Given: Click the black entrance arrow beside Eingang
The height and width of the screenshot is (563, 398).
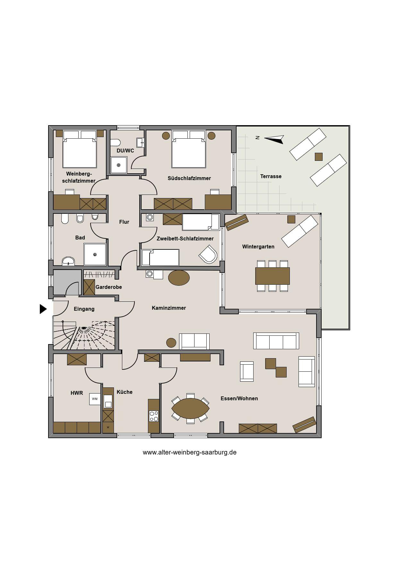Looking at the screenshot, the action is tap(43, 309).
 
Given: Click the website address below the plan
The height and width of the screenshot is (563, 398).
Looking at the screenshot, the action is tap(189, 452).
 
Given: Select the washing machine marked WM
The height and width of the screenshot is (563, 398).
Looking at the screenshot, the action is tap(95, 399).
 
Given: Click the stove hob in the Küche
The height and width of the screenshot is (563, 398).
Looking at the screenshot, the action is tap(154, 416).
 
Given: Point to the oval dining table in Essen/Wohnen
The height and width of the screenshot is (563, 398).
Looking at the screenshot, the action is tap(190, 408).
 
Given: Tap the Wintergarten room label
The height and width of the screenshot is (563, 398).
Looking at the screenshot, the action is tap(258, 247).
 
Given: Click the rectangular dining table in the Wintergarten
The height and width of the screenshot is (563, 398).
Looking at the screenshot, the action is tap(273, 276).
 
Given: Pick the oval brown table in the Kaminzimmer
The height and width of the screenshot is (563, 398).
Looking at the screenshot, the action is tap(179, 278).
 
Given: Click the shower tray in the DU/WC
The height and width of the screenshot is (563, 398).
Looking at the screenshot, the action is tap(119, 165).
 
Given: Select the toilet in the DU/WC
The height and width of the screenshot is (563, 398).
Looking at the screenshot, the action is tap(115, 143).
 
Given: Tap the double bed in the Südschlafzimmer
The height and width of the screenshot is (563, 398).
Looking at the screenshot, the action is tap(189, 149).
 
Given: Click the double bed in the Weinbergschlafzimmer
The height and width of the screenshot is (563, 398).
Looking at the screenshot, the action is tap(80, 149).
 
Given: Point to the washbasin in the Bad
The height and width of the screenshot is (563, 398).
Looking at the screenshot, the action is tap(68, 261).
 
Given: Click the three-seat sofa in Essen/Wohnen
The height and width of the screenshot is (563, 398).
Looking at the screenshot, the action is tap(276, 341).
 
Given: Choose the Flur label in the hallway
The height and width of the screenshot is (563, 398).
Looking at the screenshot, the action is tap(124, 222).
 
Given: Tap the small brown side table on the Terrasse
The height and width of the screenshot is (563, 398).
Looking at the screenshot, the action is tap(318, 157).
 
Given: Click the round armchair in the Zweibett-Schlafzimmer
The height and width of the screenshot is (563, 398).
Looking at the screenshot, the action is tap(208, 254).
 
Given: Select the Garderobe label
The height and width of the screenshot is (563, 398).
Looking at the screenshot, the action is tap(109, 287).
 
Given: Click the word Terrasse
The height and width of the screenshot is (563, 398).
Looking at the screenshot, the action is tap(271, 176).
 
